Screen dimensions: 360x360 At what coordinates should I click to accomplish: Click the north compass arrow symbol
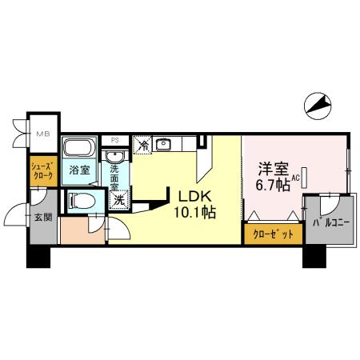319,105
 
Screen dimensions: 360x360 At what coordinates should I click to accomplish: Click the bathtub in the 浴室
78,148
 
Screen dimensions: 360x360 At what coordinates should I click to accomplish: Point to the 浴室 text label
78,170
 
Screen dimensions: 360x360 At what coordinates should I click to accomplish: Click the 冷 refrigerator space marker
142,145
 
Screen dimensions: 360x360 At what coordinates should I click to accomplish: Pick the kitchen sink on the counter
166,145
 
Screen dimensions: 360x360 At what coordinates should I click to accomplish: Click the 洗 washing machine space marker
118,200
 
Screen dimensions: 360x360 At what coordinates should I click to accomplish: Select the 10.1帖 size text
194,213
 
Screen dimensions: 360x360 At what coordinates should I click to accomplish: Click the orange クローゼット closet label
273,235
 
